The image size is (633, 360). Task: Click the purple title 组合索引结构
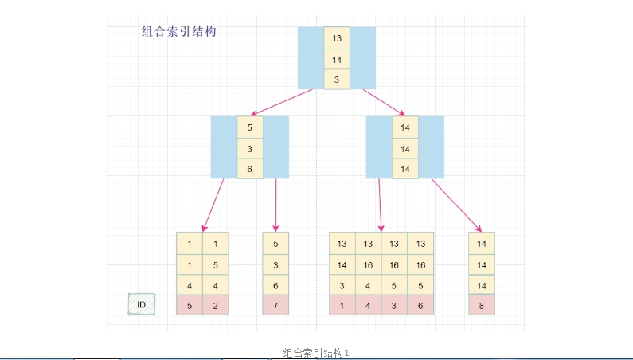pos(178,32)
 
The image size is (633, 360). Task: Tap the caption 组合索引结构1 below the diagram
pos(316,352)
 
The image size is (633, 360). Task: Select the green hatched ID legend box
pos(142,304)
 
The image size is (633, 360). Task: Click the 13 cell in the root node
pos(336,38)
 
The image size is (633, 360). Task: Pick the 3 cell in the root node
pos(336,80)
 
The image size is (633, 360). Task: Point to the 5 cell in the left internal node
pos(249,127)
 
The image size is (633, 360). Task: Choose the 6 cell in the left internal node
pos(249,169)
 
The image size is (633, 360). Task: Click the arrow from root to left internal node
pos(282,103)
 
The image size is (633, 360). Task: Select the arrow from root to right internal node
pos(383,102)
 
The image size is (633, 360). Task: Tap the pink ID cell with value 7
pos(275,305)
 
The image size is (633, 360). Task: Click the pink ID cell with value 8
pos(481,305)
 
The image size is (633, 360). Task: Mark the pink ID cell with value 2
pos(216,305)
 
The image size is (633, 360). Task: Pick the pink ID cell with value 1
pos(342,305)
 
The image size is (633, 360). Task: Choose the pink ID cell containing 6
pos(420,305)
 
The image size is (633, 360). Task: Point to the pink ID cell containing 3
pos(394,305)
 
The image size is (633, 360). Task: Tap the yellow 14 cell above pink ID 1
pos(342,264)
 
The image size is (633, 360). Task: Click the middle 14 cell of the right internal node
pos(404,148)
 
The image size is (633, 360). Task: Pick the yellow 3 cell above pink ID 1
pos(342,285)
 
